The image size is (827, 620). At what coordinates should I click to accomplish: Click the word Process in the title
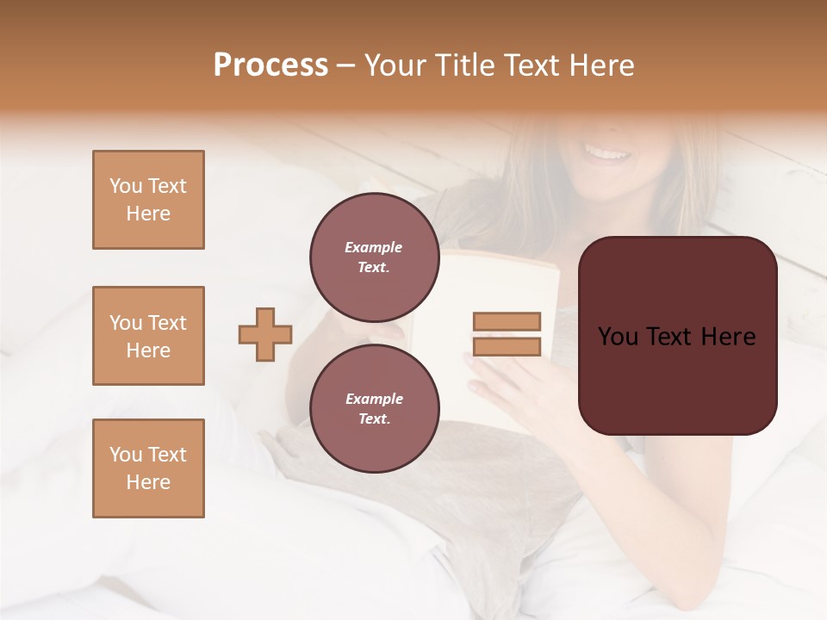270,65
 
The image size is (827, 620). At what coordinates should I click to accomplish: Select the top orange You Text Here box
148,200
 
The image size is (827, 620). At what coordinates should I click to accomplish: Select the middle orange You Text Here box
148,336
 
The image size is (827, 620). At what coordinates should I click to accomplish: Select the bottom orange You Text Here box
148,468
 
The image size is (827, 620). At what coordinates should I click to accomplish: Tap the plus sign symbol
265,335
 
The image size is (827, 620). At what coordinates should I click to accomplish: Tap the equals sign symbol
507,334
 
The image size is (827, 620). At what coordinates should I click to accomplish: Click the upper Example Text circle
374,257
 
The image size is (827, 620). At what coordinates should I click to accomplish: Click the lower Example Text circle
374,408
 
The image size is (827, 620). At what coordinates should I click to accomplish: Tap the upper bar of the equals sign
507,322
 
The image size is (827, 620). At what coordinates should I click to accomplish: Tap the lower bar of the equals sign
507,346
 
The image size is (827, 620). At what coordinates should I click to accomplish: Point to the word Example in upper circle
374,247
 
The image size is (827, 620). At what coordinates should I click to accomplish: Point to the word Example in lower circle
374,399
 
